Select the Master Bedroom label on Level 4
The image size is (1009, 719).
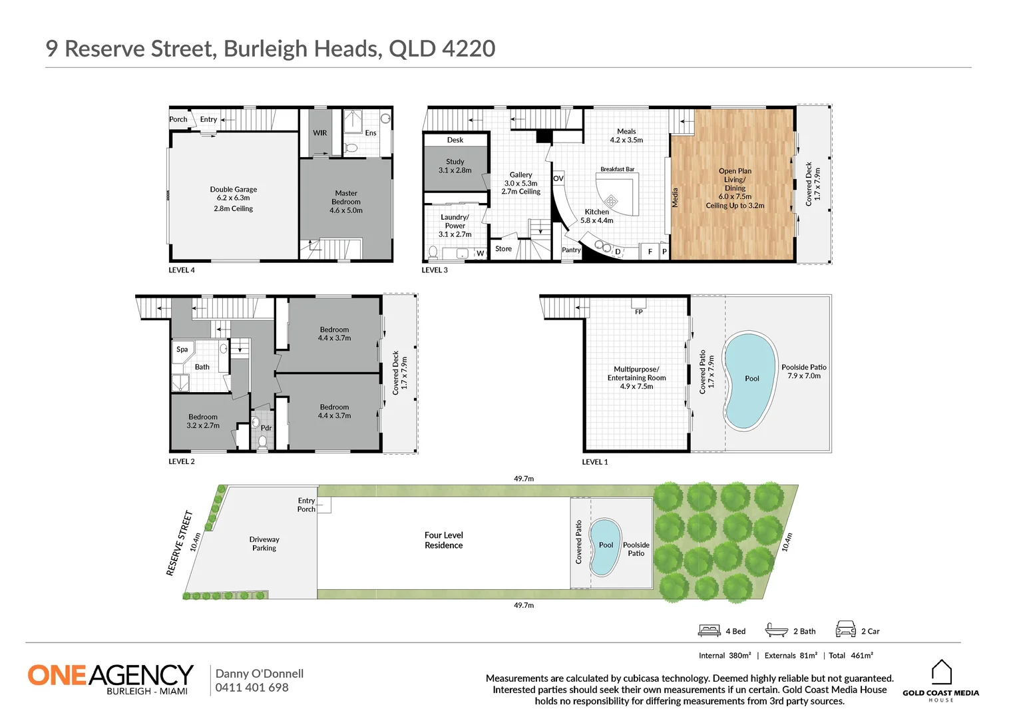click(345, 202)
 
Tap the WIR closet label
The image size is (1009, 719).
click(319, 133)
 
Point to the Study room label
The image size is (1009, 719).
click(455, 166)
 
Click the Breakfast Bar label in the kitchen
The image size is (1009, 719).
click(617, 169)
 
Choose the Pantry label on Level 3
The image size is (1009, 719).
click(571, 250)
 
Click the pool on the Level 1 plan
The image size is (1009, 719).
click(751, 379)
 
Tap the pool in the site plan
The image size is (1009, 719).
click(605, 547)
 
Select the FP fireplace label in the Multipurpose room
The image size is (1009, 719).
click(638, 312)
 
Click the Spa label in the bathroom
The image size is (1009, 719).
click(182, 349)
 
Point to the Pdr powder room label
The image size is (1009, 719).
click(266, 428)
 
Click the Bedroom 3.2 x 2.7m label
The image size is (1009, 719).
click(203, 421)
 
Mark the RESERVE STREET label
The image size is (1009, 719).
click(179, 543)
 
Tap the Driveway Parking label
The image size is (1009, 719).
click(264, 544)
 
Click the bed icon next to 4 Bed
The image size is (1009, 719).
click(709, 630)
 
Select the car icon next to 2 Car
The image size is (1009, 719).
click(845, 629)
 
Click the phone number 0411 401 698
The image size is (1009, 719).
click(252, 688)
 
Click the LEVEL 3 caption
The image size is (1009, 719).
click(435, 270)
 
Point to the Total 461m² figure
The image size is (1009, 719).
click(851, 656)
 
